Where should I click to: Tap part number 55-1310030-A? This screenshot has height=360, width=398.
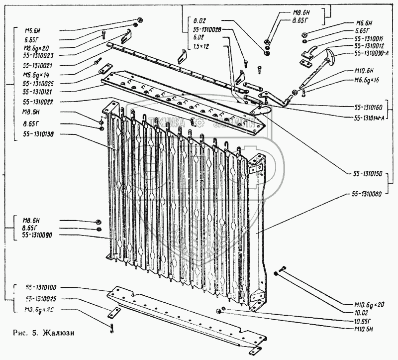click(x=374, y=53)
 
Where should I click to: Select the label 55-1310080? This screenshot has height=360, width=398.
click(x=369, y=194)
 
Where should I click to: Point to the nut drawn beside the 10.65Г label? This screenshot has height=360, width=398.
click(x=219, y=311)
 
